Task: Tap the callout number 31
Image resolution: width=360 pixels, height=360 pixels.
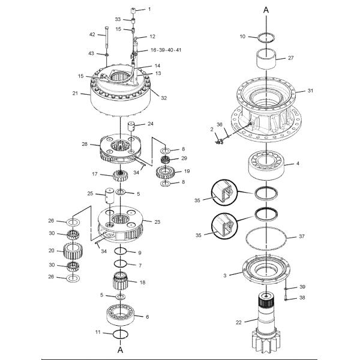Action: tap(310, 91)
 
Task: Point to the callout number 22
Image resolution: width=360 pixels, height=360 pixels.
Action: tap(238, 322)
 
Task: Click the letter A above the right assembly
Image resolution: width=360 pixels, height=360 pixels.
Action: tap(266, 10)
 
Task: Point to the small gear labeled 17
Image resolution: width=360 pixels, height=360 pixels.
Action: tap(121, 176)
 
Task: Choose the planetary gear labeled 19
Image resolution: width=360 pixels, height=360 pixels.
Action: tap(164, 173)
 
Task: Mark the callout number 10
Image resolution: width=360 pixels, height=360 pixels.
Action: tap(242, 37)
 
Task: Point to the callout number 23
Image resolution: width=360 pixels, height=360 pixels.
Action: tap(157, 222)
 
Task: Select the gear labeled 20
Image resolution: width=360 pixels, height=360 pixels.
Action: tap(73, 250)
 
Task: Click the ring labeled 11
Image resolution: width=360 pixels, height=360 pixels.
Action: tap(121, 334)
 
